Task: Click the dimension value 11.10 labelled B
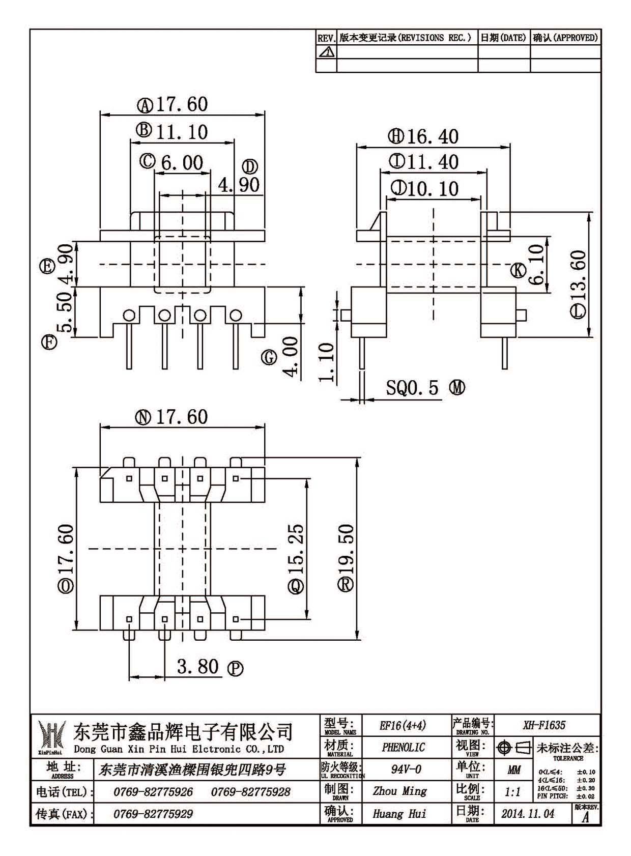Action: (182, 132)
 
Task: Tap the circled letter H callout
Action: (396, 136)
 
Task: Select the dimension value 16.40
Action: (433, 137)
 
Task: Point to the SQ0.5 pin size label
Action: (412, 388)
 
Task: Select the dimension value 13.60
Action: (578, 275)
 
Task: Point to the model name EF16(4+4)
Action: (403, 725)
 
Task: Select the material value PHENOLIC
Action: (403, 747)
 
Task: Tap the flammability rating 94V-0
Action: (406, 769)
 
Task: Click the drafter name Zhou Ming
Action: (400, 791)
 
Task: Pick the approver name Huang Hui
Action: (399, 814)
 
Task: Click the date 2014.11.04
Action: (528, 814)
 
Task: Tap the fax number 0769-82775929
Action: (153, 814)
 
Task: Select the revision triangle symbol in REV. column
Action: (327, 51)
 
